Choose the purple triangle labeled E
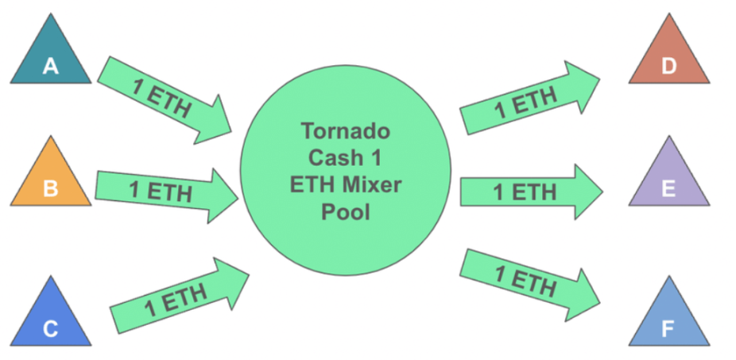[668, 179]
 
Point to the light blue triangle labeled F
[668, 318]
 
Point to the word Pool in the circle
[344, 212]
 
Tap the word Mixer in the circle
[371, 184]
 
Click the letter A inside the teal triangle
[50, 68]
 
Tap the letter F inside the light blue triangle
[668, 328]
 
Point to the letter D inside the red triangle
[668, 67]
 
